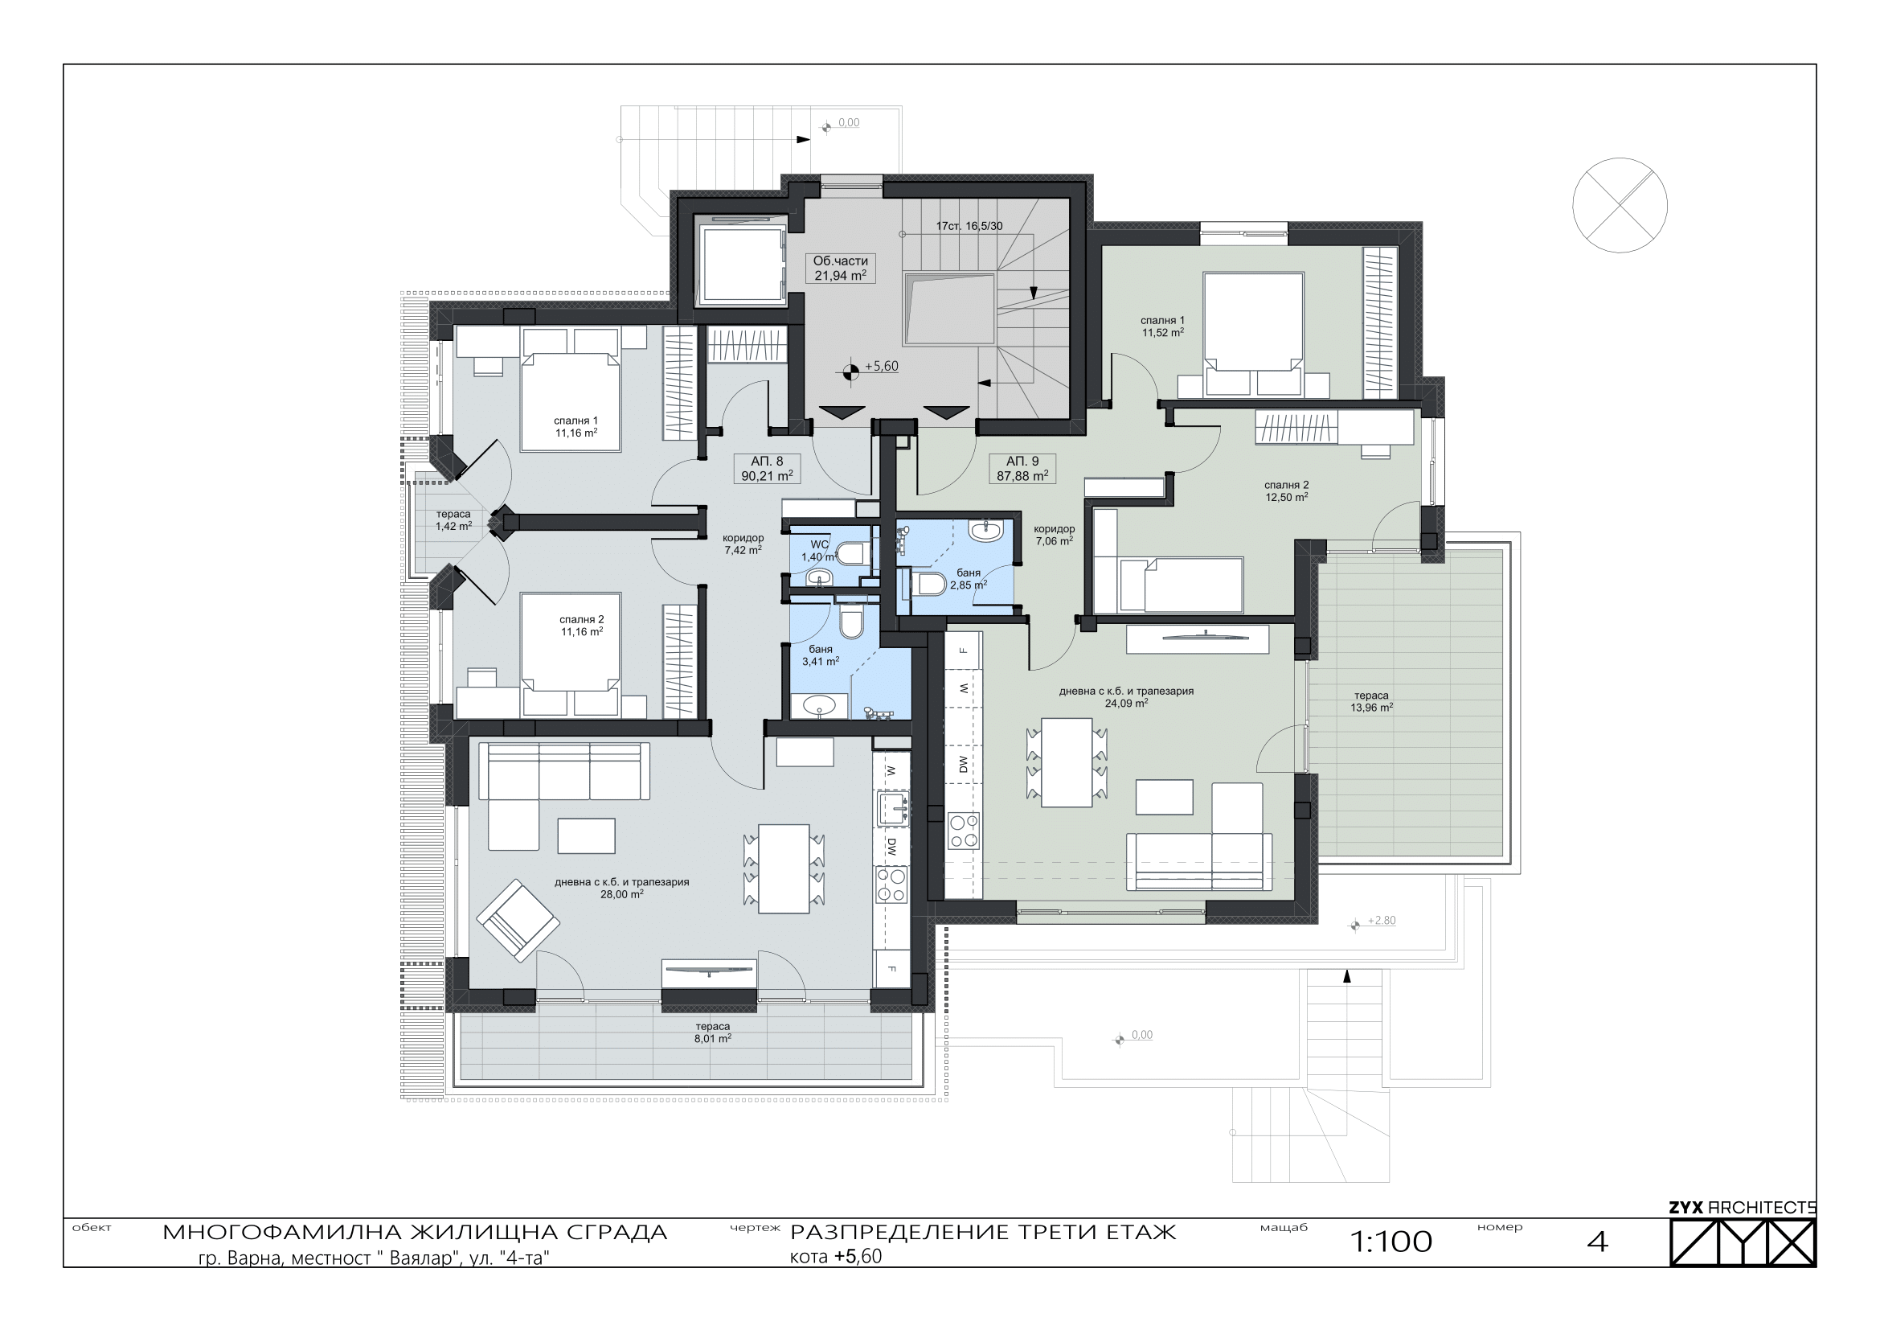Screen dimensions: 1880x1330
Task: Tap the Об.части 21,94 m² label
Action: coord(840,269)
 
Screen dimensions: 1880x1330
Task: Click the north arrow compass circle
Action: coord(1620,206)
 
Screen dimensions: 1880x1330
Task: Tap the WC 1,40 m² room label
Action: coord(819,550)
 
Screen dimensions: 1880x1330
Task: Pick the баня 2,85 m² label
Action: coord(968,579)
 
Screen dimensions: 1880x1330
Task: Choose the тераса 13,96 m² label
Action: coord(1371,702)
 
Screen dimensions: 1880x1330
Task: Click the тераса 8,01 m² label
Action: coord(712,1032)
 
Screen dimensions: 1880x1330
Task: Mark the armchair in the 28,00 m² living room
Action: coord(518,921)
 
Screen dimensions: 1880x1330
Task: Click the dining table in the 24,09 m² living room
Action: coord(1067,762)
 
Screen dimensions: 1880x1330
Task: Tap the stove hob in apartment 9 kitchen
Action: coord(963,832)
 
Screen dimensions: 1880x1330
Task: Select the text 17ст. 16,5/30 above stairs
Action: coord(969,226)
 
